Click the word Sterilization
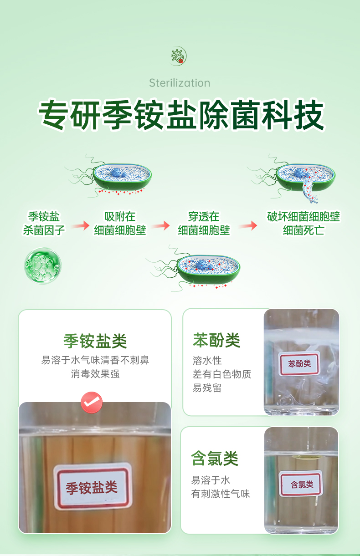pyautogui.click(x=180, y=83)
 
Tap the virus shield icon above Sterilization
pyautogui.click(x=178, y=56)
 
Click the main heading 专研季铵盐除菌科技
pyautogui.click(x=182, y=115)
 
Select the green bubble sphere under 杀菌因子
pyautogui.click(x=43, y=265)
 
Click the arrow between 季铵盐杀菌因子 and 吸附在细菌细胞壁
pyautogui.click(x=80, y=225)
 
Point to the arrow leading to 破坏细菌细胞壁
pyautogui.click(x=248, y=225)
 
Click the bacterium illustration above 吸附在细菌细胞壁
pyautogui.click(x=108, y=176)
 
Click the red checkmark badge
pyautogui.click(x=92, y=403)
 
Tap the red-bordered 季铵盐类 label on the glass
pyautogui.click(x=92, y=486)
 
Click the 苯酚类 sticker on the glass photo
pyautogui.click(x=299, y=364)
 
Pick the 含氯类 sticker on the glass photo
pyautogui.click(x=301, y=484)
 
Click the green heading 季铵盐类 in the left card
pyautogui.click(x=95, y=341)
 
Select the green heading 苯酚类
pyautogui.click(x=216, y=340)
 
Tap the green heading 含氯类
pyautogui.click(x=215, y=458)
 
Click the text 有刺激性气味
pyautogui.click(x=221, y=494)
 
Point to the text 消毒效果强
pyautogui.click(x=95, y=374)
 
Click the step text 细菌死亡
pyautogui.click(x=303, y=230)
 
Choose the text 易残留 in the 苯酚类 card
pyautogui.click(x=207, y=388)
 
